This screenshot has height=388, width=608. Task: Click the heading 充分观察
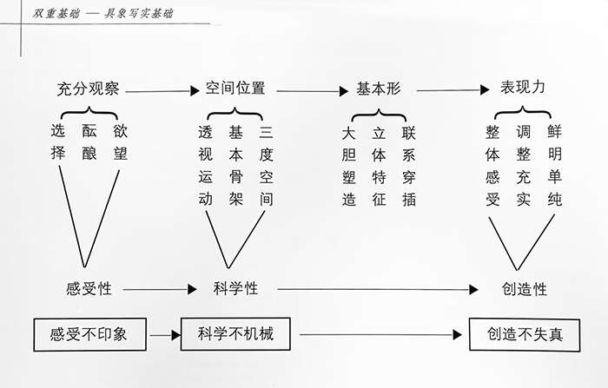88,89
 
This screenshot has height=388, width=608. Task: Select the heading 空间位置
235,89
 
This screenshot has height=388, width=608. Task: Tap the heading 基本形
379,89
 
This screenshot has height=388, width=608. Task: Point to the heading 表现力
524,89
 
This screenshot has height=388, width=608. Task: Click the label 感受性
89,289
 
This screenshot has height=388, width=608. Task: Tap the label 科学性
235,289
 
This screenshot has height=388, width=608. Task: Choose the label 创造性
524,289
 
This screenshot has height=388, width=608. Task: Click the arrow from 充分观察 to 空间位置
162,90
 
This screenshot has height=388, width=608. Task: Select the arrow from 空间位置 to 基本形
307,90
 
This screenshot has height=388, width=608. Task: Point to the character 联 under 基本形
409,133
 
